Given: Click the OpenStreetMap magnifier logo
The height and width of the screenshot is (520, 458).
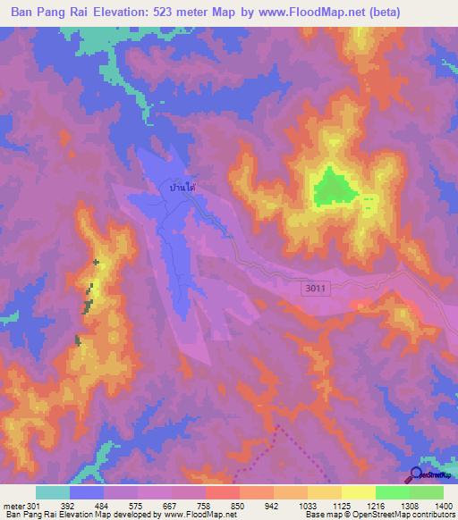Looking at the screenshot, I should click(416, 475).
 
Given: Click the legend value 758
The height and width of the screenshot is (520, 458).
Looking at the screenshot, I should click(189, 505).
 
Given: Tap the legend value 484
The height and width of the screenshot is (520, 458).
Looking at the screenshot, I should click(105, 505).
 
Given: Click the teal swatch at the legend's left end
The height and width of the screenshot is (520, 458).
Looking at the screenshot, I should click(53, 492).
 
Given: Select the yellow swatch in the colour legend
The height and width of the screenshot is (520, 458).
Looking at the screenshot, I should click(358, 492).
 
